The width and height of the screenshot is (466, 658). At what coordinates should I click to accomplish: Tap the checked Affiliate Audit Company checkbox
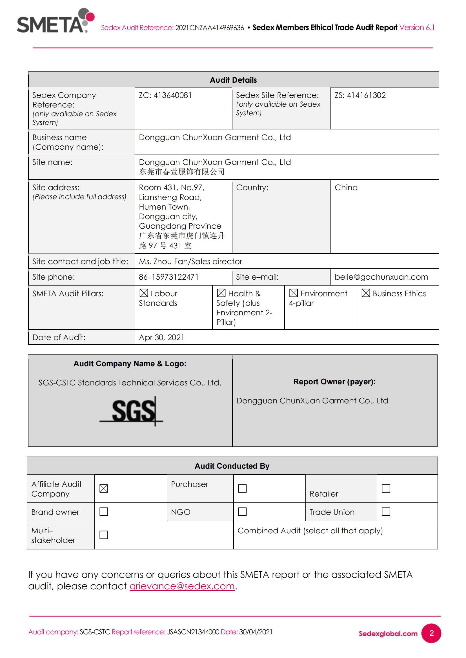(x=104, y=488)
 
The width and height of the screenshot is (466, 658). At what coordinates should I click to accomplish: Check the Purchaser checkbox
(x=242, y=488)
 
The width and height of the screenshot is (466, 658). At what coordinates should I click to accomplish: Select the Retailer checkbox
(x=386, y=488)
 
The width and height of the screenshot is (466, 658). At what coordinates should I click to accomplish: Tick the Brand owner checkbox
(x=104, y=511)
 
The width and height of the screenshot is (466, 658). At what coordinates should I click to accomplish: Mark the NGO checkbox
(x=242, y=511)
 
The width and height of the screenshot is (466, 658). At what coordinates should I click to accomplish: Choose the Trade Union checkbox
(x=386, y=511)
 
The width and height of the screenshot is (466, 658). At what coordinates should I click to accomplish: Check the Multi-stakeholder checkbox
(x=104, y=535)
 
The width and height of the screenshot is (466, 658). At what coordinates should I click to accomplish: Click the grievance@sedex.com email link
(x=182, y=586)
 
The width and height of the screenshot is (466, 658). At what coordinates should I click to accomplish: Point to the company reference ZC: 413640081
(x=165, y=95)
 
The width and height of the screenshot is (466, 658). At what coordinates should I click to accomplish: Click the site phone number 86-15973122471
(x=169, y=277)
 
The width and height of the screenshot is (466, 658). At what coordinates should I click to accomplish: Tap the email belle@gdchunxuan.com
(x=381, y=277)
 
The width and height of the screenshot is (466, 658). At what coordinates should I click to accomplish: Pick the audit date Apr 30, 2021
(x=161, y=337)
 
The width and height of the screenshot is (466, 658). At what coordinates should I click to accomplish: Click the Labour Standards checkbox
(x=144, y=293)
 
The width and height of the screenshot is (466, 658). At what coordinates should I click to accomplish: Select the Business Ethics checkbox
(x=366, y=293)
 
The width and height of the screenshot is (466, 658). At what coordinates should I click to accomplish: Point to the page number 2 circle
(x=431, y=633)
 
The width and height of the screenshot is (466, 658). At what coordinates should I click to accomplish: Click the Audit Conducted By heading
(x=232, y=466)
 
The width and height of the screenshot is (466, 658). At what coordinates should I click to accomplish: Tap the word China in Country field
(x=346, y=187)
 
